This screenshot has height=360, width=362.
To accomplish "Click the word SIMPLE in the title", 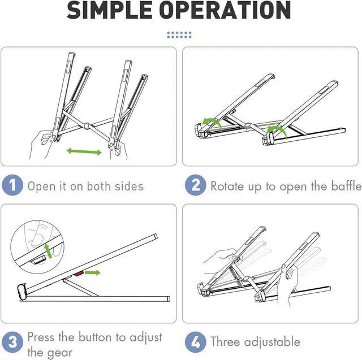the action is (109, 10).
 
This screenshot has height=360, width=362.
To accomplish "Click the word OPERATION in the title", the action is (225, 10).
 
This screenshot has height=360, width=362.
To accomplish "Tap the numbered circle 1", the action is (12, 185).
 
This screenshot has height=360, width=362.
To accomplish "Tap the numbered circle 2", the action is (195, 185).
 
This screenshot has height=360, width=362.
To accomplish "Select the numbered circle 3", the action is (12, 342).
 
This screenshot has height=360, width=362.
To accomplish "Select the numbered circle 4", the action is (195, 342).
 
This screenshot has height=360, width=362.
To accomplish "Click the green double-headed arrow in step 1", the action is (84, 151).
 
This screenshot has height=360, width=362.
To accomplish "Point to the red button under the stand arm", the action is (79, 274).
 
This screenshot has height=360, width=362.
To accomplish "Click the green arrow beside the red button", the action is (92, 272).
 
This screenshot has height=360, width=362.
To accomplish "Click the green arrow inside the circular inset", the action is (48, 251).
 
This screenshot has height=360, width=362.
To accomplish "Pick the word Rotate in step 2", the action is (227, 186).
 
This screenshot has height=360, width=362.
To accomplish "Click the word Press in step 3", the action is (41, 337).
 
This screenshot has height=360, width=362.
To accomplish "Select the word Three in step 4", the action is (225, 341).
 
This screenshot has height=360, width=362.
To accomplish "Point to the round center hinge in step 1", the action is (87, 126).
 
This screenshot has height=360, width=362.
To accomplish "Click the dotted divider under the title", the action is (179, 35).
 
